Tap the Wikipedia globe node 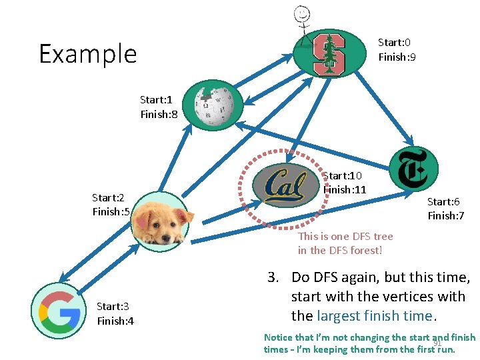click(x=213, y=105)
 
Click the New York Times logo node click(x=413, y=169)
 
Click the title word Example click(x=87, y=54)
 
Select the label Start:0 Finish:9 click(x=397, y=49)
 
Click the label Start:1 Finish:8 click(x=159, y=107)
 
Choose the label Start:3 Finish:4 click(x=115, y=313)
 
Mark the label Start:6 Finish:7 click(x=446, y=208)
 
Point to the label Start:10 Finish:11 click(x=344, y=183)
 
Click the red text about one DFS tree click(x=345, y=243)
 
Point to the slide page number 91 click(x=438, y=343)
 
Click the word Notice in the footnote click(x=278, y=337)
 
